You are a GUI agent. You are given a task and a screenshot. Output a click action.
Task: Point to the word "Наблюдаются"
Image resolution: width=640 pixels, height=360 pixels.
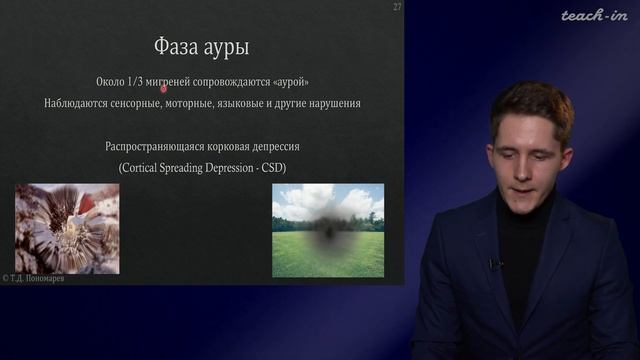(x=80, y=103)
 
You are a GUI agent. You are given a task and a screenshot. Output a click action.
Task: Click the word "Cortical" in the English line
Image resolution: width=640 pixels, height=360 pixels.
(x=143, y=166)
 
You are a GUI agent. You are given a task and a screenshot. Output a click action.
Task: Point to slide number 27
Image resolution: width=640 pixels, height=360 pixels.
(x=396, y=8)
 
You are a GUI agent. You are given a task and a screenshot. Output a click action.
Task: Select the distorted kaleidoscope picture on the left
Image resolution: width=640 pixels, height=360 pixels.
(x=66, y=227)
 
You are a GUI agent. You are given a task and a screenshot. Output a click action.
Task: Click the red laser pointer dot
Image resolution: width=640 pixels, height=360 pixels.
(x=163, y=88)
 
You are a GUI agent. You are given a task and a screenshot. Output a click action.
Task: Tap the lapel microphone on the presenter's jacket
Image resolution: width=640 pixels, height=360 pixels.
(x=492, y=264)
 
